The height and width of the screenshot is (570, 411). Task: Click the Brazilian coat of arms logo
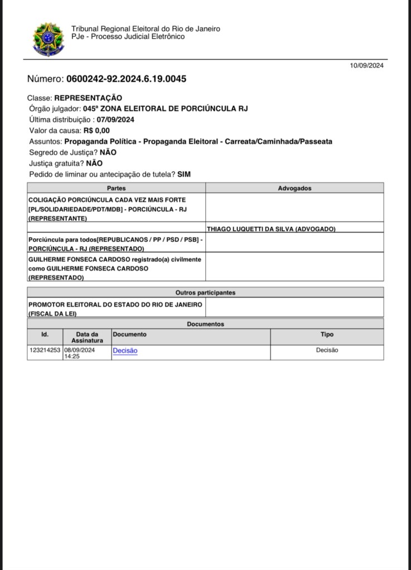pos(49,39)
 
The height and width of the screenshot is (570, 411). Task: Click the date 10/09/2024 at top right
pos(367,65)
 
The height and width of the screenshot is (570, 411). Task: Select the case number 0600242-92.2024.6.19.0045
pos(126,79)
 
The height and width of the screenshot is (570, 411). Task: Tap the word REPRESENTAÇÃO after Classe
pos(88,98)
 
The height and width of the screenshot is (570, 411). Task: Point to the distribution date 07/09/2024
pos(115,120)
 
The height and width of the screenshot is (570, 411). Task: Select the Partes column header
pos(116,188)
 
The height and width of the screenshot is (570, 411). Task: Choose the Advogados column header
pos(294,188)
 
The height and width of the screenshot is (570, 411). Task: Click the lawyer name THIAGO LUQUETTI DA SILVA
pos(271,229)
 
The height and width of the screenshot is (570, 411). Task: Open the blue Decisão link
pos(125,350)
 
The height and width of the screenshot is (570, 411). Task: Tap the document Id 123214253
pos(45,350)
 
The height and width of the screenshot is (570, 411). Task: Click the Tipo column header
pos(327,334)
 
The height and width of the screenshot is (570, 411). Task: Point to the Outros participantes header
pos(205,293)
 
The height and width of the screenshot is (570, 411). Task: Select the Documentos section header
pos(205,324)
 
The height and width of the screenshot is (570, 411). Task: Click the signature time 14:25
pos(72,356)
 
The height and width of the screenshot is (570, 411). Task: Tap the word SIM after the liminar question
pos(184,174)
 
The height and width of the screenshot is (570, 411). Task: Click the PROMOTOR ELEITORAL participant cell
pos(115,308)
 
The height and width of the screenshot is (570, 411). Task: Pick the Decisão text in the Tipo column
pos(327,350)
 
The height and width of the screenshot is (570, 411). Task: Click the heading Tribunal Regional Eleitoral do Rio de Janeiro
pos(146,29)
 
